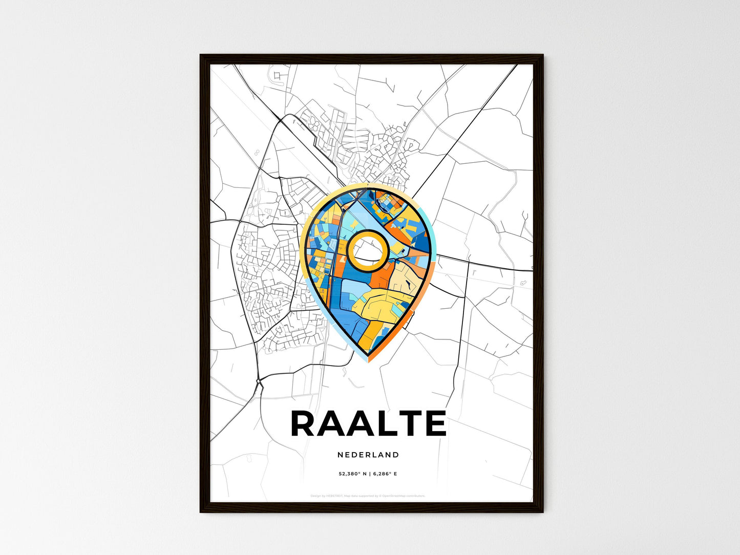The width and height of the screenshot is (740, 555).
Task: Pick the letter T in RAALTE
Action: click(x=412, y=424)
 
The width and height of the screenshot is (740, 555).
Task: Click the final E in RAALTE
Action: click(x=436, y=424)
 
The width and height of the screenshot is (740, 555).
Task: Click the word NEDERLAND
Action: click(x=368, y=455)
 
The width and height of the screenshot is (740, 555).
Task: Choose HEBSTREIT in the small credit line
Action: click(x=333, y=496)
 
